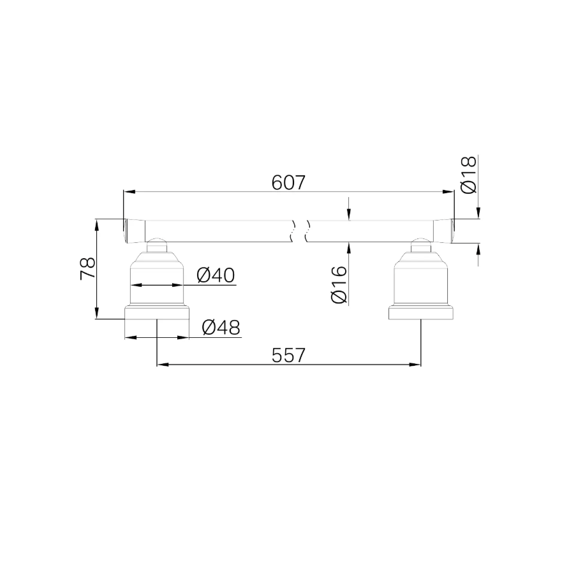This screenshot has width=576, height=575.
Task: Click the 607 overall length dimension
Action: tap(288, 182)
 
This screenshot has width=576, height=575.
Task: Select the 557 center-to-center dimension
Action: tap(288, 355)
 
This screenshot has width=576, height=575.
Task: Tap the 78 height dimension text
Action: tap(88, 269)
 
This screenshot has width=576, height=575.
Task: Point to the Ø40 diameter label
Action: tap(216, 275)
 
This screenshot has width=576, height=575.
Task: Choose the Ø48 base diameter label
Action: tap(221, 327)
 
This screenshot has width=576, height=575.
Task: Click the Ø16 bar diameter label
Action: tap(339, 284)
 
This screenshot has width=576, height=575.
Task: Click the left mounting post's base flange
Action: tap(157, 313)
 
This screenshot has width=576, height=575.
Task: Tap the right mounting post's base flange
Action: tap(421, 313)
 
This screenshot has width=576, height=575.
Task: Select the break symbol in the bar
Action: tap(300, 231)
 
